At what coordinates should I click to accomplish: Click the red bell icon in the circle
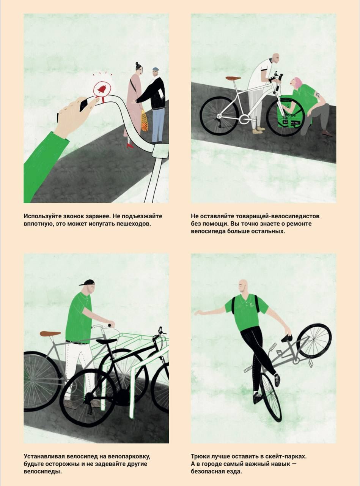[102, 89]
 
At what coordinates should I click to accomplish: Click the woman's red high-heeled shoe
[130, 145]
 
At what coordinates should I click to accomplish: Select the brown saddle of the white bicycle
[233, 78]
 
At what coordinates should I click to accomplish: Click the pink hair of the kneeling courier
[297, 82]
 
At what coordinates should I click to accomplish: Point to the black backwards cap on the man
[87, 282]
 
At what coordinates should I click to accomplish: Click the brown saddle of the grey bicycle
[50, 333]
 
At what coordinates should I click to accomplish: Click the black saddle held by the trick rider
[287, 338]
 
